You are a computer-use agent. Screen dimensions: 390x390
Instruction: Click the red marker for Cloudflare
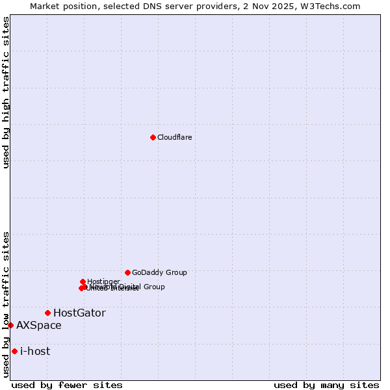pyautogui.click(x=153, y=137)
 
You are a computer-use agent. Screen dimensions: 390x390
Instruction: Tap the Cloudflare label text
pyautogui.click(x=174, y=137)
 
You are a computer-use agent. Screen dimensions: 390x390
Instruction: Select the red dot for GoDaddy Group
pyautogui.click(x=127, y=272)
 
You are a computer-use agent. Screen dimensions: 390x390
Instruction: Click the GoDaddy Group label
pyautogui.click(x=159, y=272)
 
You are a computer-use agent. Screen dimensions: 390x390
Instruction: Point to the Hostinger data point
pyautogui.click(x=83, y=281)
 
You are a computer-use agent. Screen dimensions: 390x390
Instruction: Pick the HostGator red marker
pyautogui.click(x=47, y=313)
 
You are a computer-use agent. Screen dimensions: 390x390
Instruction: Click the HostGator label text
pyautogui.click(x=79, y=313)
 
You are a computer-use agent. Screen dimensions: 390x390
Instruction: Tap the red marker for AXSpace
pyautogui.click(x=10, y=325)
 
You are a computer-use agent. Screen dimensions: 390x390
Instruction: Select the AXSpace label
pyautogui.click(x=39, y=325)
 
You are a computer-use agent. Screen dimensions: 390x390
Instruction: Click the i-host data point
pyautogui.click(x=14, y=351)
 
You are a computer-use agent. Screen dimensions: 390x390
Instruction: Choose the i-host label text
pyautogui.click(x=35, y=351)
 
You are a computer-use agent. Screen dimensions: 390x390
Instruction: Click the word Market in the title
pyautogui.click(x=44, y=6)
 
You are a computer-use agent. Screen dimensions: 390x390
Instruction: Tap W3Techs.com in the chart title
pyautogui.click(x=337, y=6)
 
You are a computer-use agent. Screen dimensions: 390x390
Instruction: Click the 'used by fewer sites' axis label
pyautogui.click(x=67, y=385)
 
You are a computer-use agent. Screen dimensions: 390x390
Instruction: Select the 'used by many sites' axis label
pyautogui.click(x=326, y=385)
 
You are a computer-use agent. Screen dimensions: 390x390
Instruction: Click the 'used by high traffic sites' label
pyautogui.click(x=6, y=92)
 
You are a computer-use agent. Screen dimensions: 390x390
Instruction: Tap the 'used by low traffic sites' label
pyautogui.click(x=6, y=304)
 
